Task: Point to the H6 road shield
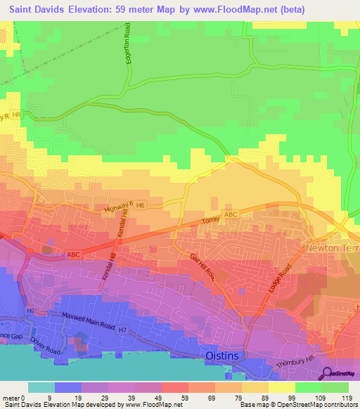[x=140, y=205]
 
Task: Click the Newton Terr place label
[x=332, y=249]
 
